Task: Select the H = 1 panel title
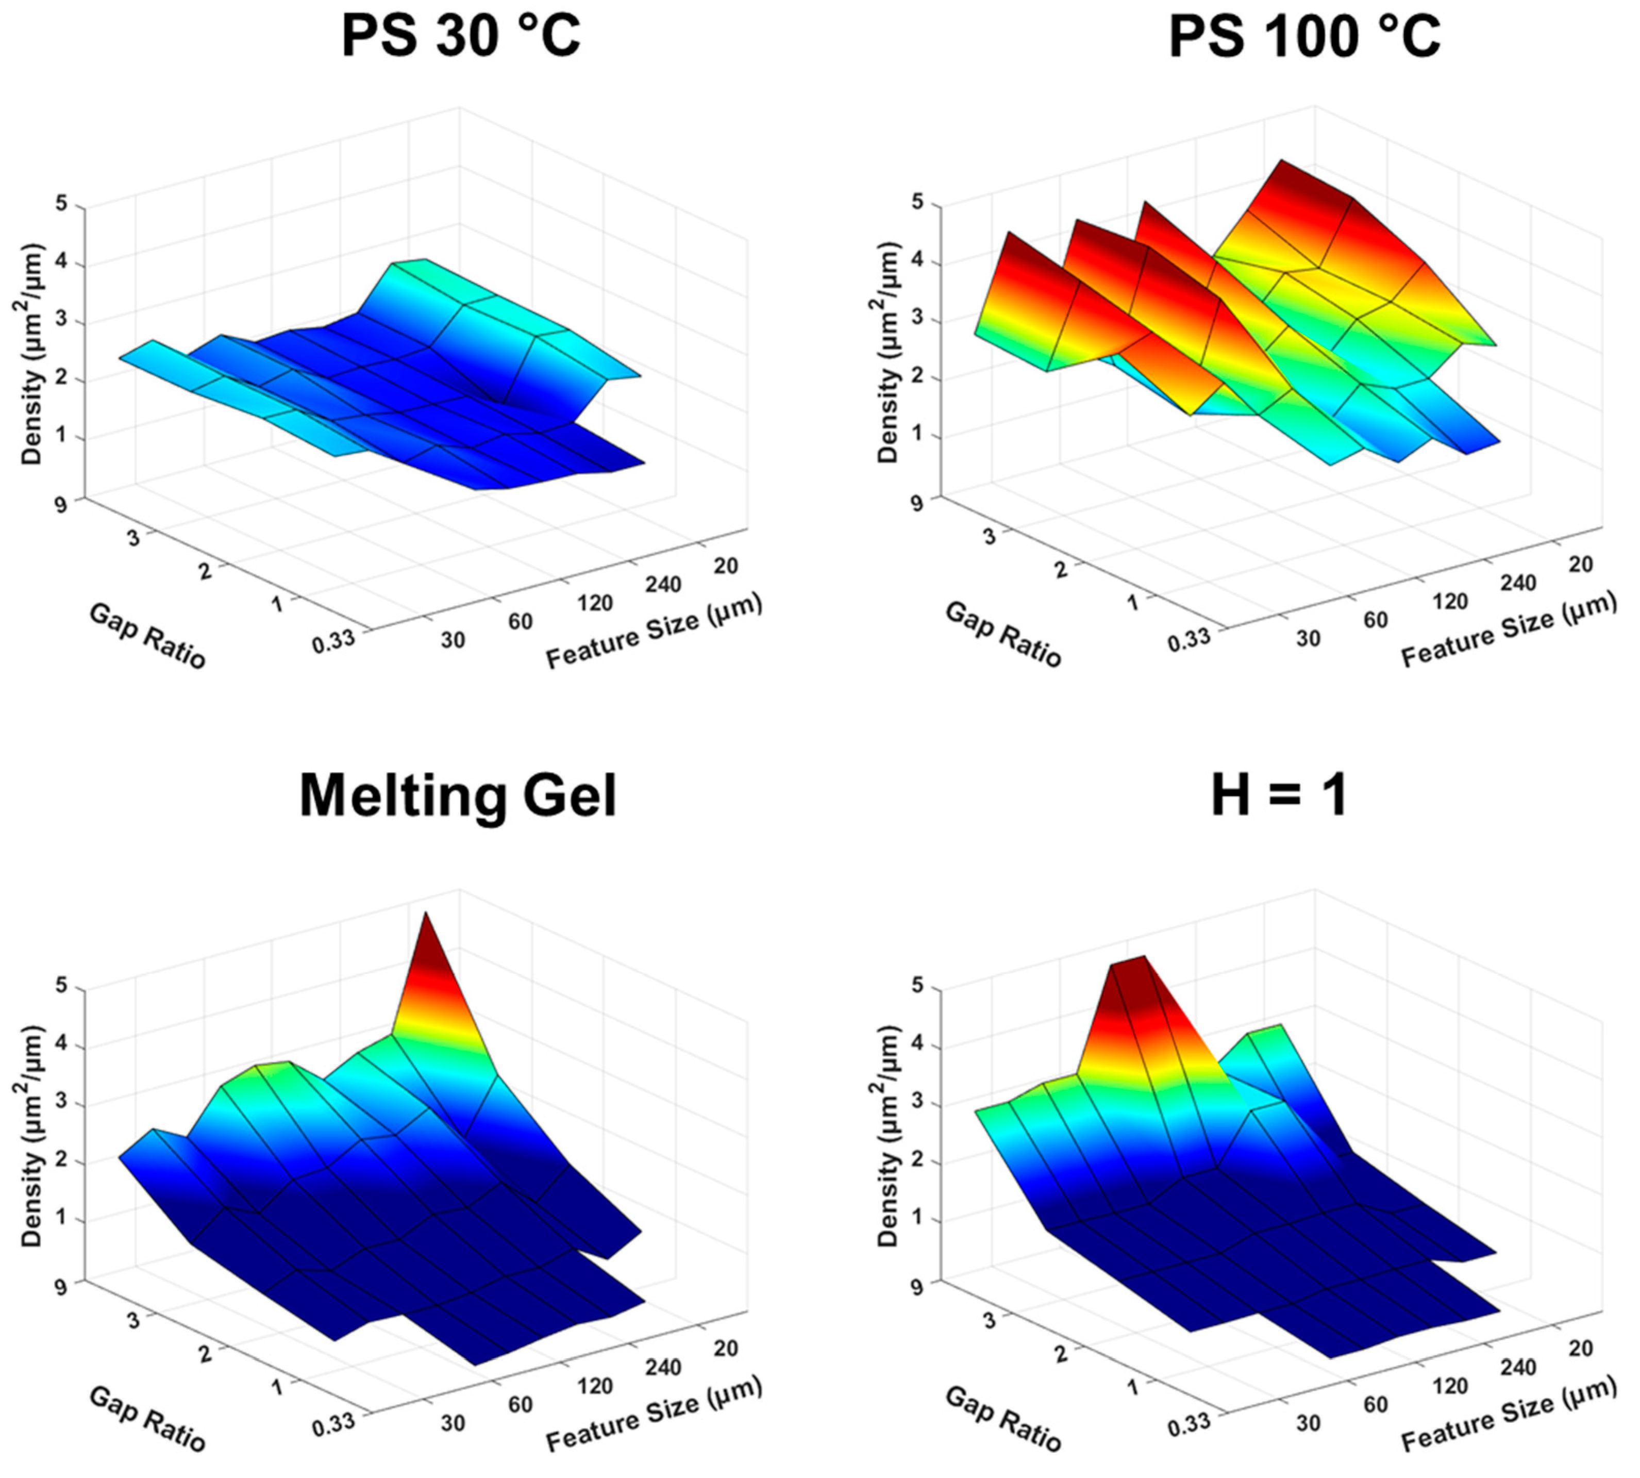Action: [x=1280, y=796]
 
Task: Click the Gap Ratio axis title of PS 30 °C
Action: [x=147, y=636]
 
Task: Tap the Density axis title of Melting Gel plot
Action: [x=31, y=1137]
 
